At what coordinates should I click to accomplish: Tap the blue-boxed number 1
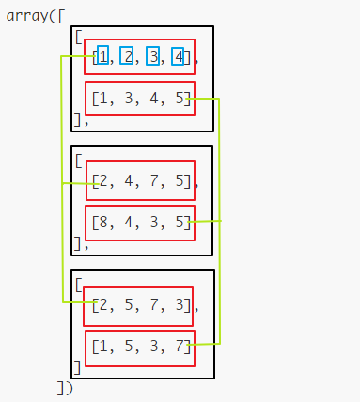102,56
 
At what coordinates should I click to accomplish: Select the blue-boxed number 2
127,56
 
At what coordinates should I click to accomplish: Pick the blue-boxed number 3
152,56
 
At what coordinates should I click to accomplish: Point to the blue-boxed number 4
177,56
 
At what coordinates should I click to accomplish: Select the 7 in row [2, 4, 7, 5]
152,181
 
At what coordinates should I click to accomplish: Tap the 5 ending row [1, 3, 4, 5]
179,98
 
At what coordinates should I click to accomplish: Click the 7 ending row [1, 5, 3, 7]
179,348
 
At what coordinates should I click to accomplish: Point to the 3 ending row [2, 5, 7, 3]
179,306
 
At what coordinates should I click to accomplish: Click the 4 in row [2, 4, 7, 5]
127,181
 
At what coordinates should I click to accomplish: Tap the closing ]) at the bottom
64,386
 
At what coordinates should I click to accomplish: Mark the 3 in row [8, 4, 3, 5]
152,223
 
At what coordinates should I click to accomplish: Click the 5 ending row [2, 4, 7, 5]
179,181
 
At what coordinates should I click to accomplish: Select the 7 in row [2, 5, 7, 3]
152,306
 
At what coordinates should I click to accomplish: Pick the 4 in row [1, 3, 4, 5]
152,98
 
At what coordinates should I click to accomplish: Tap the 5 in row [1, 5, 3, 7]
127,348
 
